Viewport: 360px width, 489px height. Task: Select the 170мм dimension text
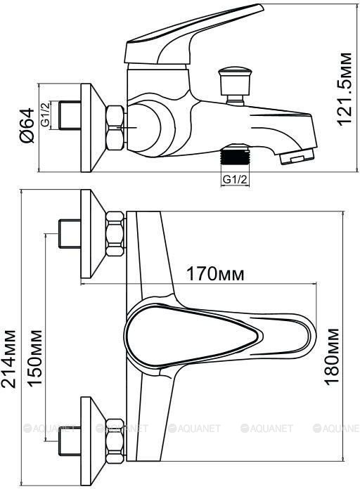pos(215,274)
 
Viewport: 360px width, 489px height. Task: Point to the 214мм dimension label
pos(8,358)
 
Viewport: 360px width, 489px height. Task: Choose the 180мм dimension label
pos(332,356)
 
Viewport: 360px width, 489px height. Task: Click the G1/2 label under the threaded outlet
pos(235,180)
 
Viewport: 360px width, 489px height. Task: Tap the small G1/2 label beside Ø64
pos(46,115)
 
